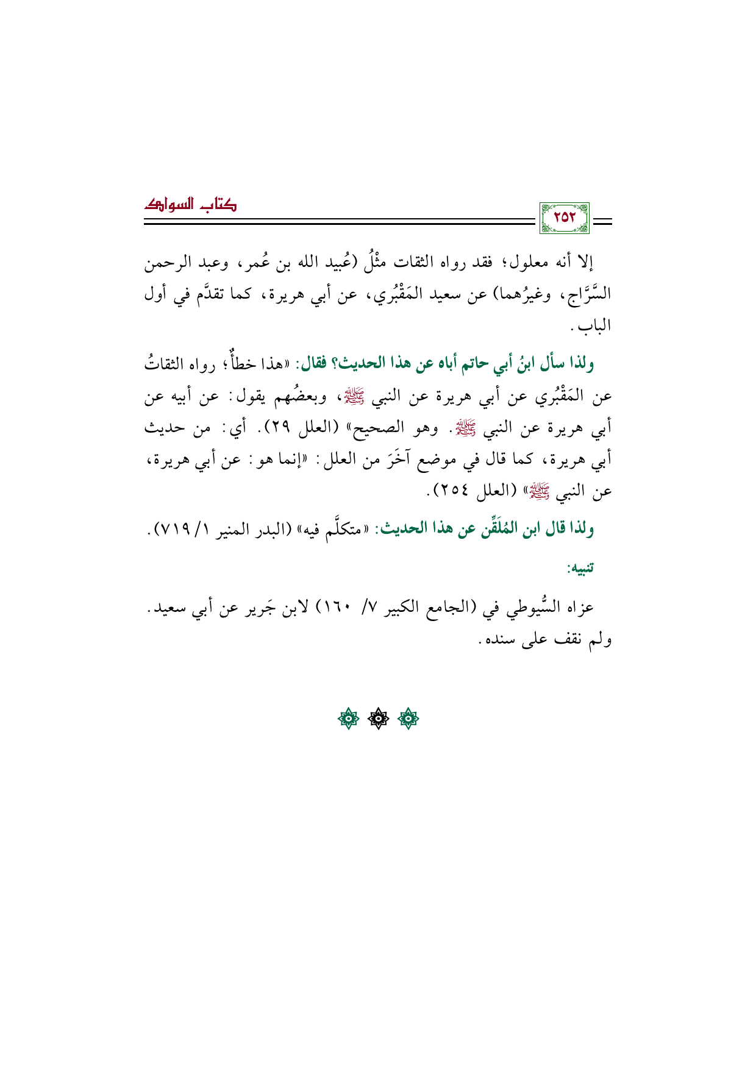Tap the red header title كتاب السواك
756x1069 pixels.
[191, 205]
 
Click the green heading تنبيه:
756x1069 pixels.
[580, 569]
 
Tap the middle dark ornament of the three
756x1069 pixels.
[379, 720]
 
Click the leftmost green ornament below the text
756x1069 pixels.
[349, 720]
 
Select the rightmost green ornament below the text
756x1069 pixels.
[408, 720]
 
